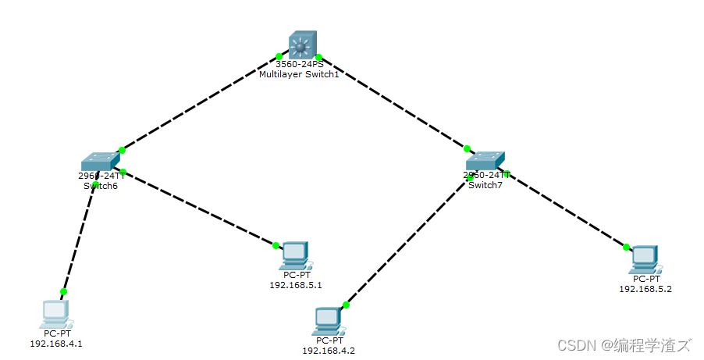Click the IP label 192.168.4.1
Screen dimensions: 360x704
pyautogui.click(x=56, y=343)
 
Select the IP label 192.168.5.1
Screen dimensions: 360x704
pyautogui.click(x=296, y=285)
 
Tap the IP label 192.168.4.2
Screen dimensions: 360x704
pyautogui.click(x=329, y=351)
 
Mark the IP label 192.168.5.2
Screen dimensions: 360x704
pyautogui.click(x=645, y=289)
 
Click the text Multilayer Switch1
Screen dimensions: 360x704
pyautogui.click(x=299, y=74)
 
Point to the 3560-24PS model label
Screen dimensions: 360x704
pyautogui.click(x=299, y=65)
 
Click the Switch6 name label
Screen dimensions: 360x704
pyautogui.click(x=101, y=186)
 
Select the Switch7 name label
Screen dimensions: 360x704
pyautogui.click(x=485, y=185)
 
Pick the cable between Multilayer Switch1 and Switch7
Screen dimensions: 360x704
pyautogui.click(x=393, y=102)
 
